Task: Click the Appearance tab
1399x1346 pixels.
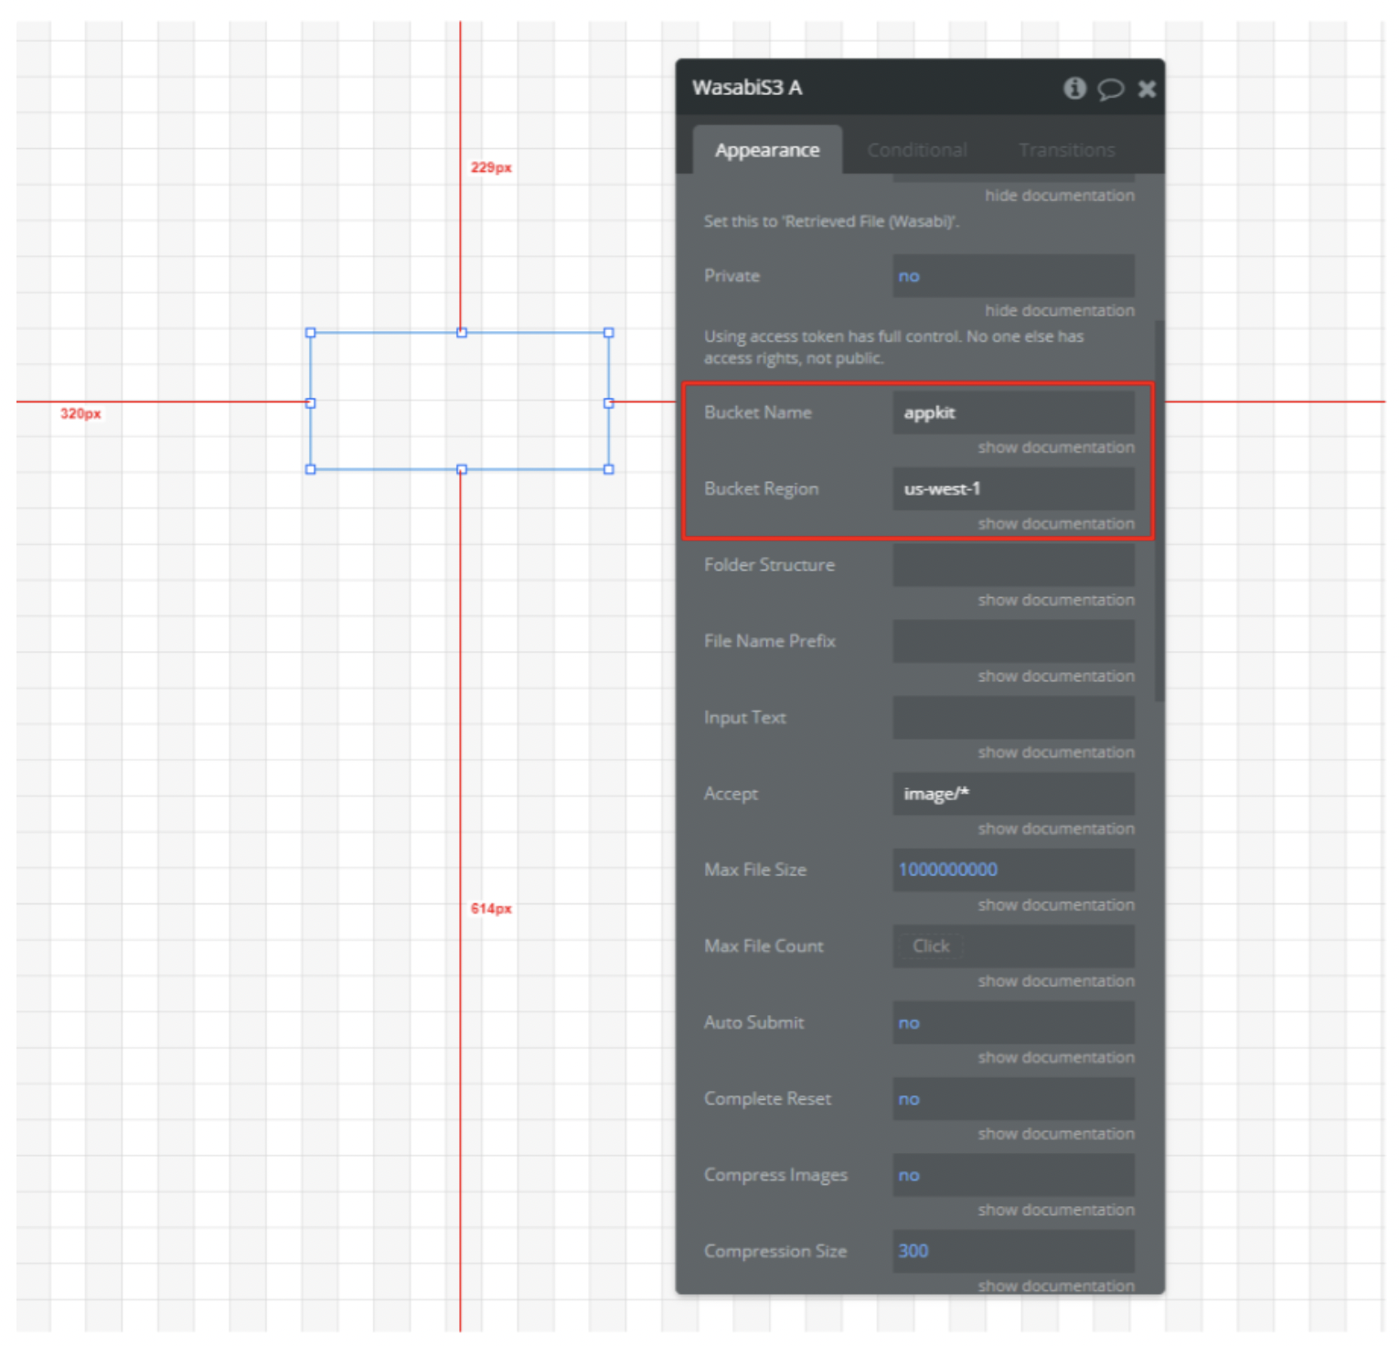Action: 767,150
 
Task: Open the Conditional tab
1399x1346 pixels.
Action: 917,150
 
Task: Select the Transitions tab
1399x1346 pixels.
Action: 1067,150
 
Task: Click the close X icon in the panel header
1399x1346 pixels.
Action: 1147,89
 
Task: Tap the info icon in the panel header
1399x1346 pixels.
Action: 1074,88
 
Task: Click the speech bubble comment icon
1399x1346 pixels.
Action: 1110,89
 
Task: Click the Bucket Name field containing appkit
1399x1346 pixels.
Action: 1014,412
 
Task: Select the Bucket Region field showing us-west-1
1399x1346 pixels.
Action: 1014,488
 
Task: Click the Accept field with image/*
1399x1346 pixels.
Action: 1014,794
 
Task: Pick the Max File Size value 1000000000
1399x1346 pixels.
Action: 948,870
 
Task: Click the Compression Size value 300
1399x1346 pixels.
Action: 913,1251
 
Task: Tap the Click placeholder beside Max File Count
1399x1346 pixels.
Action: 931,946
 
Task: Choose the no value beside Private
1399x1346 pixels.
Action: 909,276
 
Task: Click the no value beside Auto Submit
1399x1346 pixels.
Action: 909,1023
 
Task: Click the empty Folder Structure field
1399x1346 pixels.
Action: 1014,565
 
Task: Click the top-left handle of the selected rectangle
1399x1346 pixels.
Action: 311,333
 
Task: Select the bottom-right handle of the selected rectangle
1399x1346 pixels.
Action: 609,469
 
